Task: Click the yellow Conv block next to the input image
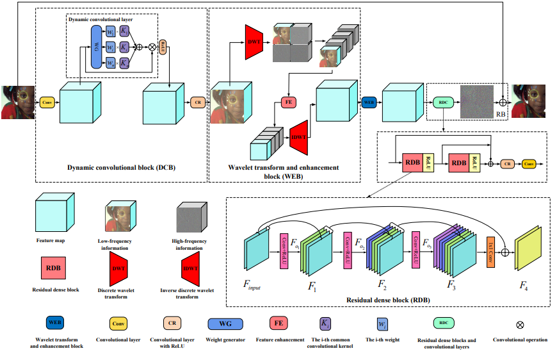click(x=47, y=102)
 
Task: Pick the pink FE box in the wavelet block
click(x=287, y=102)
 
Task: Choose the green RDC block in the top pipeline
click(x=442, y=102)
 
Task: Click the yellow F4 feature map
click(x=525, y=250)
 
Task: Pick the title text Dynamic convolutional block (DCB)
click(x=122, y=168)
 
